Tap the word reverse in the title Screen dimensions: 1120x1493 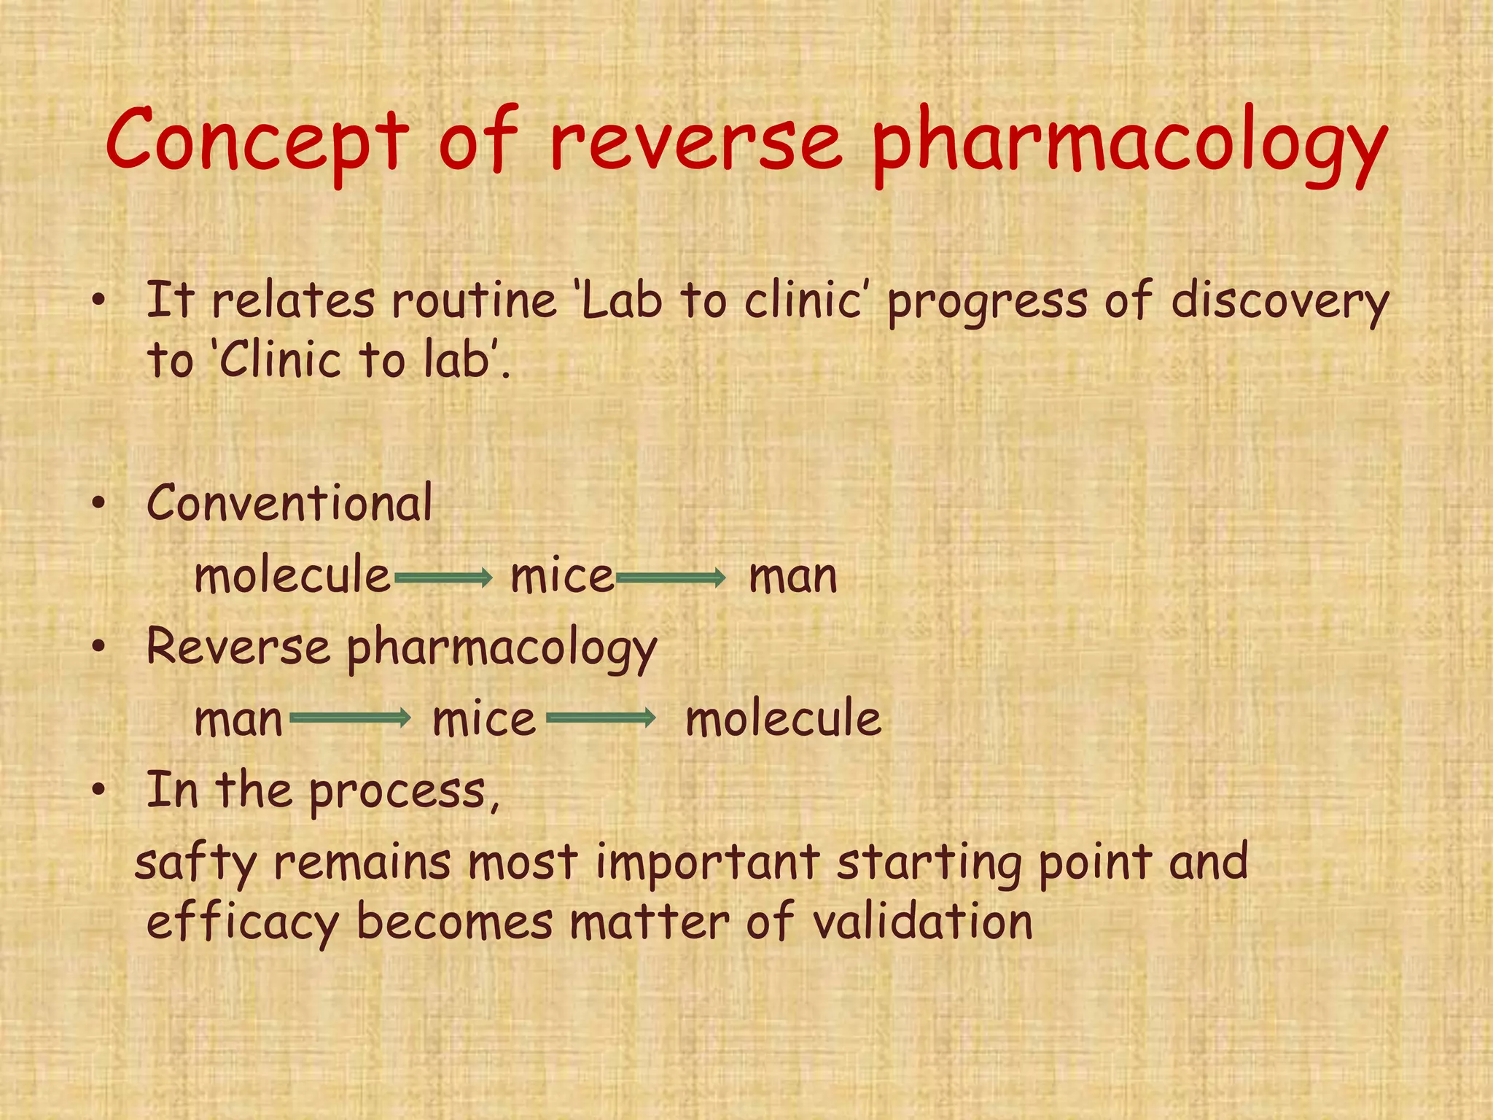click(695, 140)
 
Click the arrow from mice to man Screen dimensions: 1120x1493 click(671, 579)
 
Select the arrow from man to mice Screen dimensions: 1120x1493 click(351, 718)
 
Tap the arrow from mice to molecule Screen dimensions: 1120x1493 click(601, 718)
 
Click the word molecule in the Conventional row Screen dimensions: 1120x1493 click(292, 575)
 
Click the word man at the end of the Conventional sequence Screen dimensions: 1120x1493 click(793, 577)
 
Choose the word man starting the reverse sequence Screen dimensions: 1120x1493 click(238, 720)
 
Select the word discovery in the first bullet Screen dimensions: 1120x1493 click(1279, 302)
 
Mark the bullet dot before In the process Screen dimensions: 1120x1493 click(99, 790)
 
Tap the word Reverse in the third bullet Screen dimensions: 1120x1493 click(238, 647)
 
